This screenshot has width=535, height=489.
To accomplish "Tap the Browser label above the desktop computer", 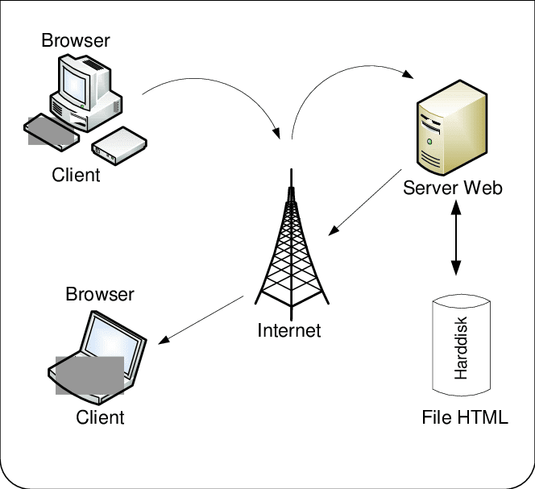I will pos(76,39).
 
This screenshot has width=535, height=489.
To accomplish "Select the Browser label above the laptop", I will pos(100,294).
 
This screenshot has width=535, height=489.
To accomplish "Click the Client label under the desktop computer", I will pos(77,175).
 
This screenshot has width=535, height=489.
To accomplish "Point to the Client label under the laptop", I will pos(100,416).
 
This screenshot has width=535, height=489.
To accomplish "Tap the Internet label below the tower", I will pos(288,330).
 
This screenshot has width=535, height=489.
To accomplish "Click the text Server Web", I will pos(453,188).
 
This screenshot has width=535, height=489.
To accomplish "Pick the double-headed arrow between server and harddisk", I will pos(457,238).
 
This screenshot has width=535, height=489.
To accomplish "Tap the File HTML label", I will pos(465,417).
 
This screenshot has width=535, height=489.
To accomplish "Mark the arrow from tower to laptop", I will pos(201,319).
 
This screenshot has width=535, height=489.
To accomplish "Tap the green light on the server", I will pos(429,143).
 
